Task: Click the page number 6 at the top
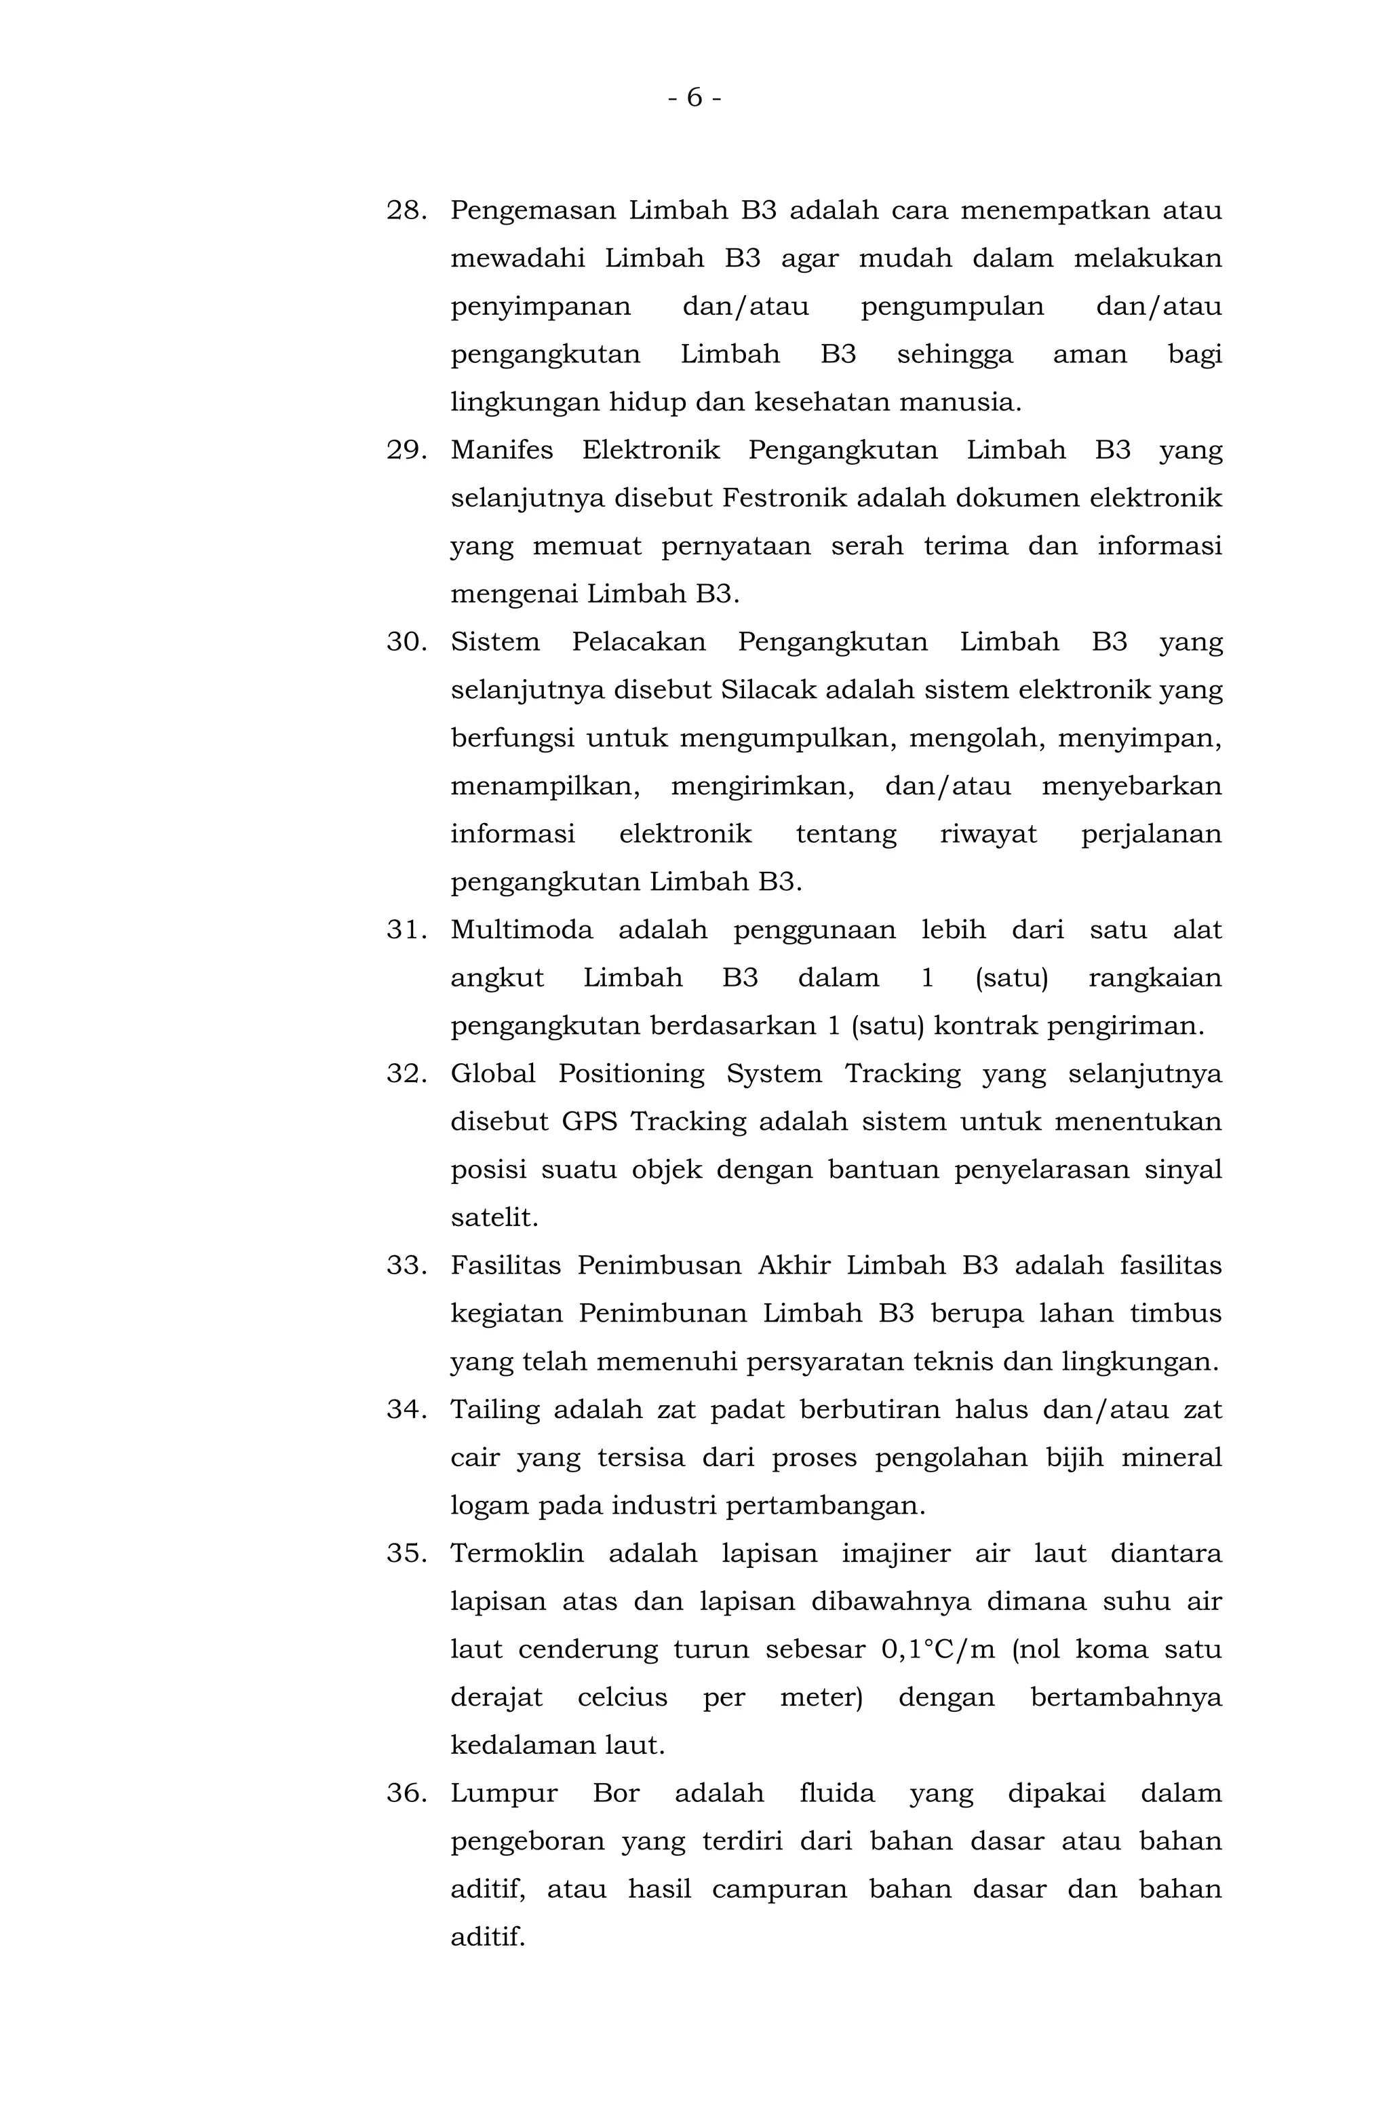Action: click(x=694, y=97)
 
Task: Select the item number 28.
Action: click(x=406, y=211)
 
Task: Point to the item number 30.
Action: click(x=406, y=642)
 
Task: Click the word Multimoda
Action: click(x=522, y=930)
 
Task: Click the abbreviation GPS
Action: click(x=589, y=1122)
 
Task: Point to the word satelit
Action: click(x=494, y=1218)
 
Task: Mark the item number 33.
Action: click(x=406, y=1266)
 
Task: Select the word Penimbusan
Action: click(x=660, y=1266)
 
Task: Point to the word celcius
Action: click(x=622, y=1698)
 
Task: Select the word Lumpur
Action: click(x=503, y=1794)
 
